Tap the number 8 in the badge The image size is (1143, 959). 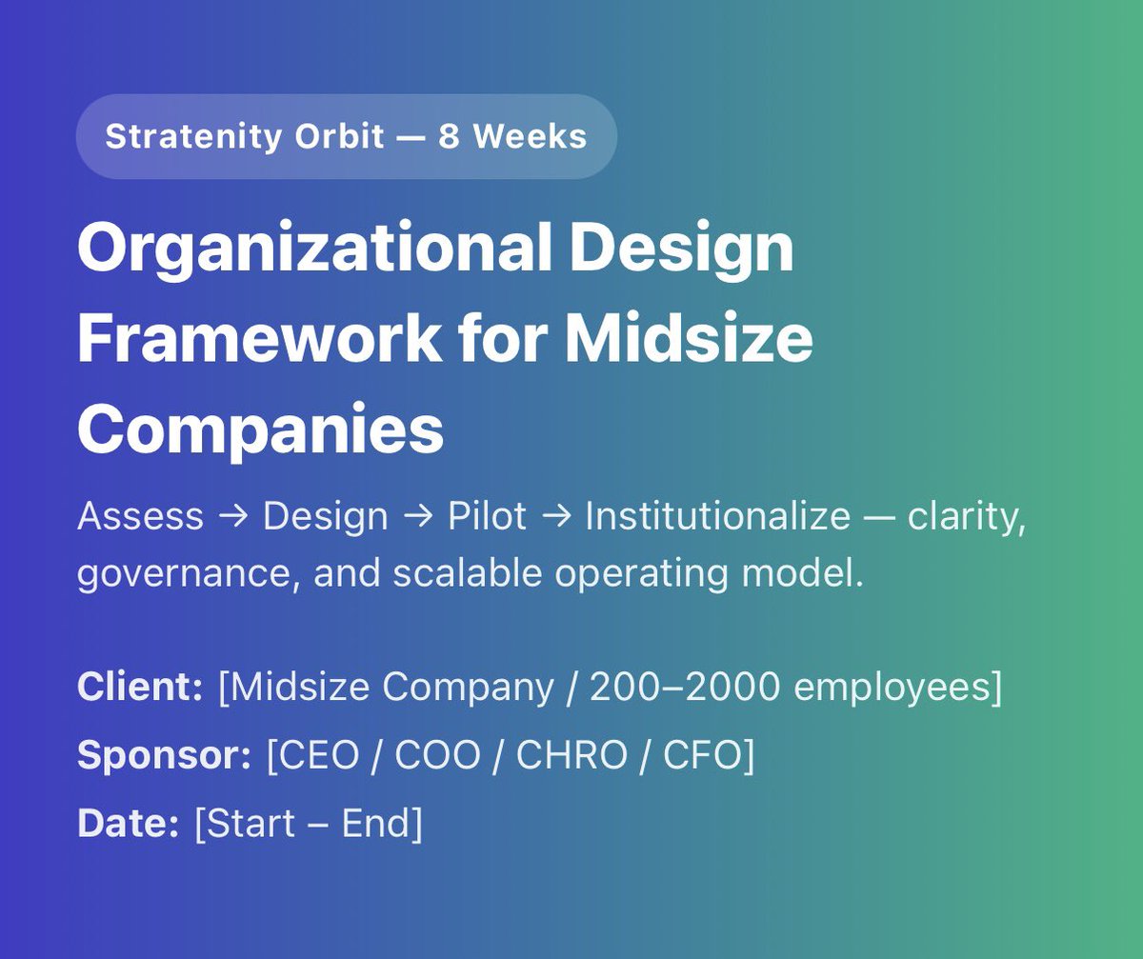coord(449,137)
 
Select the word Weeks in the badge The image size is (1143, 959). coord(530,137)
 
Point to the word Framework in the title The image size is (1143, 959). coord(259,338)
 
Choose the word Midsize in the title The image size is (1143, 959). coord(689,338)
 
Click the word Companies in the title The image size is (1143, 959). coord(260,429)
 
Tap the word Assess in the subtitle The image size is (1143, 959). coord(140,516)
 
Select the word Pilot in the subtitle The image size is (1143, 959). coord(487,516)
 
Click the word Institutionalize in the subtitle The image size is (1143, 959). coord(717,516)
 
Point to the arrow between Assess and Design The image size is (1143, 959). coord(233,517)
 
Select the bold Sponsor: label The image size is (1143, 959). coord(164,756)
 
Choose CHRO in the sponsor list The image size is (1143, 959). coord(571,756)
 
